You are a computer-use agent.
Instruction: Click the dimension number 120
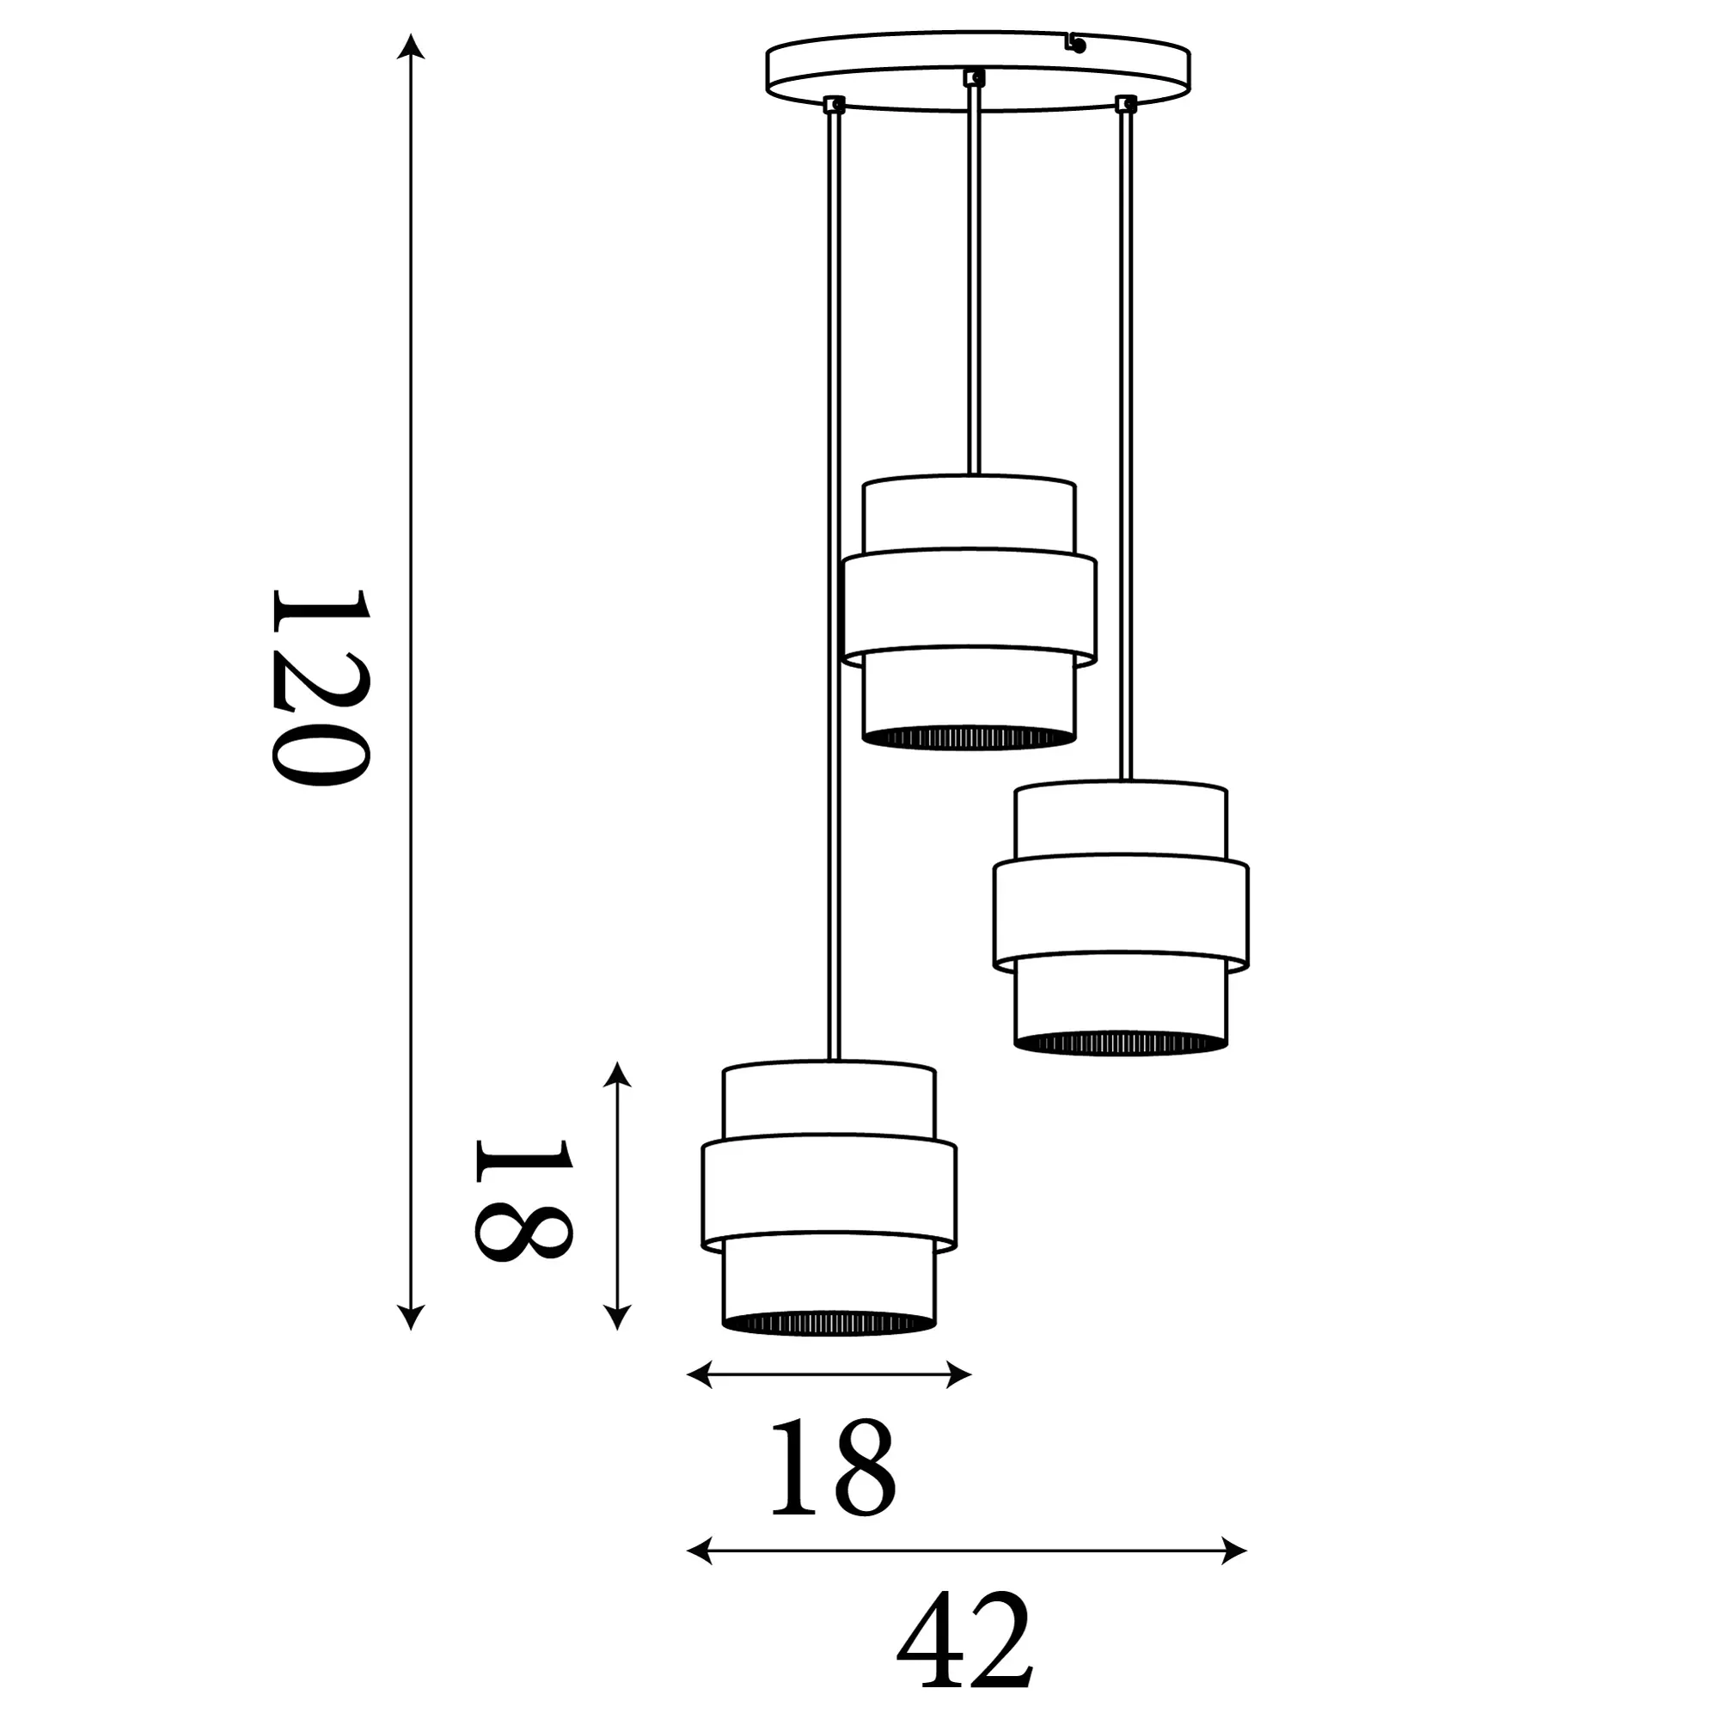pyautogui.click(x=318, y=686)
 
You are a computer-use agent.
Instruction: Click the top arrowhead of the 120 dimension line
pyautogui.click(x=410, y=46)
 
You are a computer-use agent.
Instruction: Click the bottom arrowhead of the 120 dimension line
pyautogui.click(x=410, y=1317)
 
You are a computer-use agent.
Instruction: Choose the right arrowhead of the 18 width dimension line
pyautogui.click(x=957, y=1373)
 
